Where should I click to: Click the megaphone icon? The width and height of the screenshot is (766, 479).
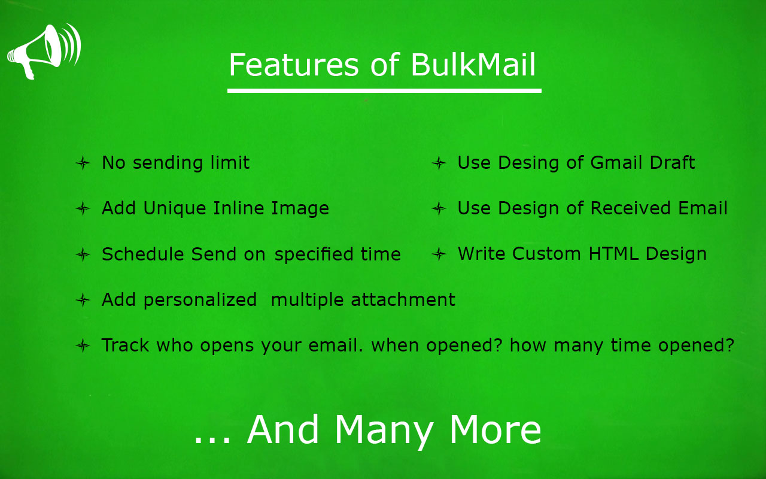click(x=44, y=51)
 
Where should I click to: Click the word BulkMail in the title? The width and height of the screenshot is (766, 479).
click(x=473, y=65)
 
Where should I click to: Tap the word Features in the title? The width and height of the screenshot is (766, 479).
click(x=294, y=65)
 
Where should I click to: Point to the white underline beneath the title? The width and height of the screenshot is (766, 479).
click(x=384, y=90)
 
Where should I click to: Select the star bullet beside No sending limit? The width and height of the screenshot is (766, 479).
click(x=83, y=163)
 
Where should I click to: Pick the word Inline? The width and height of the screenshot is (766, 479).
click(x=239, y=208)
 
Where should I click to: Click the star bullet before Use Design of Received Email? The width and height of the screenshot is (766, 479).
click(x=439, y=208)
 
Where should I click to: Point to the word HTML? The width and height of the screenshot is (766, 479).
click(x=613, y=254)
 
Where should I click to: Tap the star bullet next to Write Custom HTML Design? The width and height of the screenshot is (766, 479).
click(x=439, y=254)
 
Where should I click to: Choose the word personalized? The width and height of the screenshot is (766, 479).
click(x=200, y=301)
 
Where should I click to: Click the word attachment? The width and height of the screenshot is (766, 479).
click(x=403, y=300)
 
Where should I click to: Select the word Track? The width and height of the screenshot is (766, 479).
click(x=126, y=345)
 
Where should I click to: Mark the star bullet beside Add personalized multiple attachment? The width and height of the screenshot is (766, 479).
click(x=83, y=301)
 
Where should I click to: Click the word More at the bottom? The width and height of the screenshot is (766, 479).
click(x=495, y=430)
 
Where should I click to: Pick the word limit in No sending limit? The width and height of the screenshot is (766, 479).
click(x=230, y=162)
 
